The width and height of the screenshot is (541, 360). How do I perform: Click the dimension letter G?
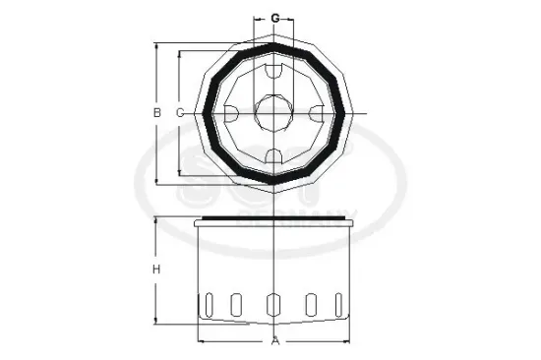point(275,18)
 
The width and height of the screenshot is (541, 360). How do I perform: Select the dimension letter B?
point(156,113)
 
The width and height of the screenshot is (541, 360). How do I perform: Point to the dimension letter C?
point(179,113)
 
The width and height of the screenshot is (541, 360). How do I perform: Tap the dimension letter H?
point(156,270)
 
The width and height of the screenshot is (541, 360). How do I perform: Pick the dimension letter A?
point(275,342)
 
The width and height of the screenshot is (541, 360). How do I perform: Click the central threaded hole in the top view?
point(275,113)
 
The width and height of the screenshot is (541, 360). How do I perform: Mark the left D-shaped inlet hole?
point(230,113)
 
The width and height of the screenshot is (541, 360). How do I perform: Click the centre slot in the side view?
point(275,305)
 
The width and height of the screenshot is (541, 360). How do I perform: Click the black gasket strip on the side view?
point(275,219)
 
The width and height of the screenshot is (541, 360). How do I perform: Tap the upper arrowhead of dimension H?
point(156,221)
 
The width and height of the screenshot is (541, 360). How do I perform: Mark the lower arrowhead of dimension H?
point(156,320)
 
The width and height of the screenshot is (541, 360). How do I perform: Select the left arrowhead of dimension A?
point(202,342)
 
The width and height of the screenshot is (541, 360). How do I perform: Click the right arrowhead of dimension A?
point(348,342)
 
